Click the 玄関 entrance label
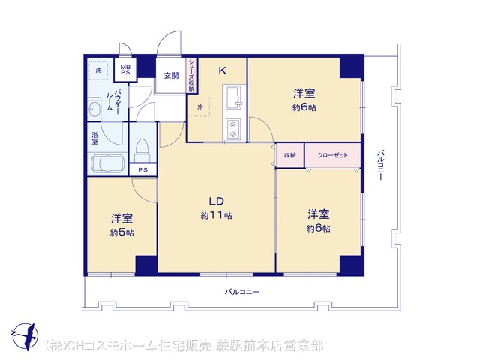click(x=172, y=75)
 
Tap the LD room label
click(x=217, y=202)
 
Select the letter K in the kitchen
click(x=222, y=71)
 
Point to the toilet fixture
click(x=142, y=151)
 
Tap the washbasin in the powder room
click(x=94, y=108)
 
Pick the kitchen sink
click(x=234, y=97)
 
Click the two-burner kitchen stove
click(x=233, y=130)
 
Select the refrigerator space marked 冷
click(x=200, y=107)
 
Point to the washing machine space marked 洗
click(x=98, y=70)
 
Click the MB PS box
click(x=125, y=70)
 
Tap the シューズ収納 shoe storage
click(x=192, y=75)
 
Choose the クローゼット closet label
click(x=333, y=155)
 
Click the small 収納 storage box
click(x=290, y=155)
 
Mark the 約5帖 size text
click(x=121, y=233)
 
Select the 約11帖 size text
click(x=217, y=216)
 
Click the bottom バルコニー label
click(x=242, y=292)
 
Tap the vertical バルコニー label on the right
click(x=380, y=165)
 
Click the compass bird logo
click(x=25, y=336)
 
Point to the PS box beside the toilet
click(x=143, y=170)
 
